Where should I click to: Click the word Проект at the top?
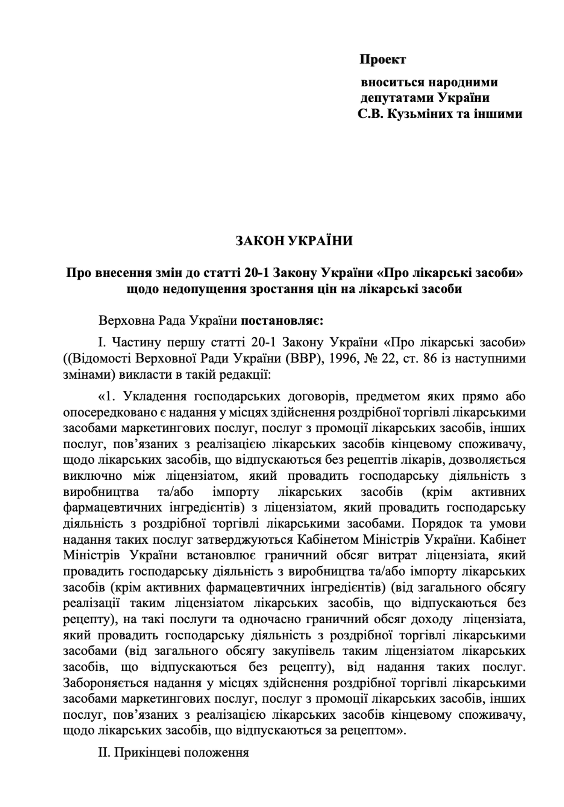coord(382,59)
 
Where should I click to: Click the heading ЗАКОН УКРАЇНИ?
coord(294,241)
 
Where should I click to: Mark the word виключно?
coord(92,476)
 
